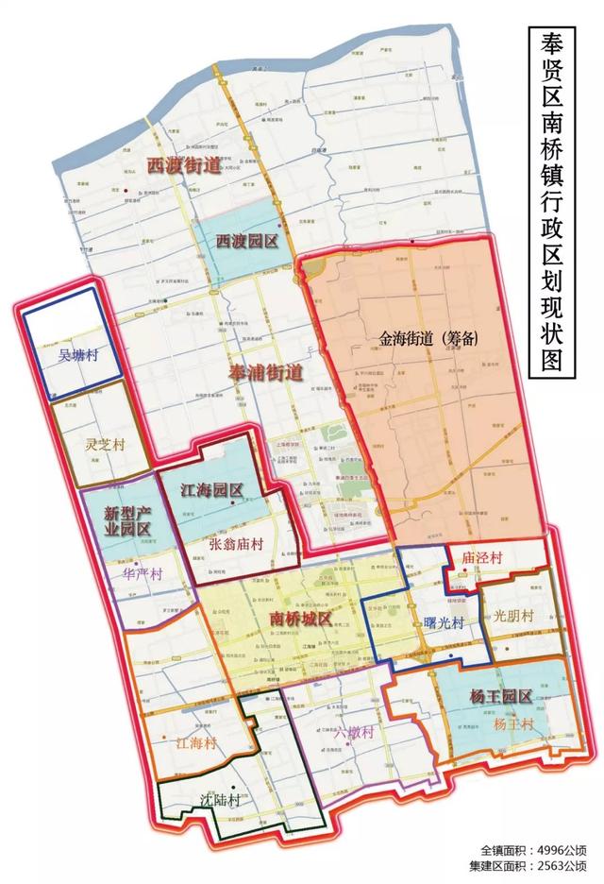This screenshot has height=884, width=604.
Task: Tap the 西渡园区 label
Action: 246,242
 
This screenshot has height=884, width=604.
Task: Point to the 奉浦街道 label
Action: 265,374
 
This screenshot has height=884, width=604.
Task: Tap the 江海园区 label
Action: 212,490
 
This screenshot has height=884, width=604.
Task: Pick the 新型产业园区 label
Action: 126,524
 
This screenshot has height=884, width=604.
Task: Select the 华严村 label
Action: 143,572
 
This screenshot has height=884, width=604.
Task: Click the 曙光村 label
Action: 443,623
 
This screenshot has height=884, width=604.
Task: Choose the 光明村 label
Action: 513,615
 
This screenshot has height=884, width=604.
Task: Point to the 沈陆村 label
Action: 220,798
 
